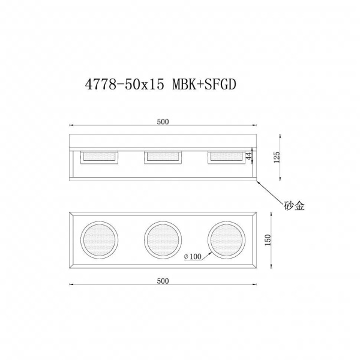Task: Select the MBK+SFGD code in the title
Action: point(205,85)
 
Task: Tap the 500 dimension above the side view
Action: point(163,121)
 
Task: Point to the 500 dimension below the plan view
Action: point(163,281)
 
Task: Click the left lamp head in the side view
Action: point(98,157)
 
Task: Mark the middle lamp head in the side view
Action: point(163,157)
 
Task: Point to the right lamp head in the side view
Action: point(227,157)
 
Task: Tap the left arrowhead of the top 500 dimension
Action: point(71,126)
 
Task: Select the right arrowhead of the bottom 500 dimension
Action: point(256,286)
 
